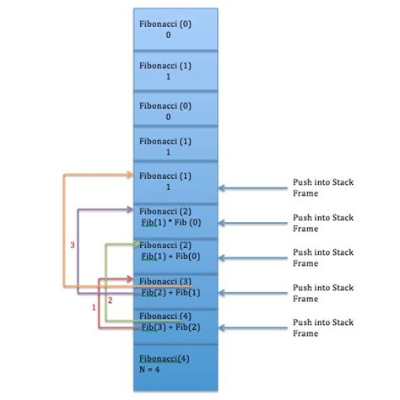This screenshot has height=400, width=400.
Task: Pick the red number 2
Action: click(110, 300)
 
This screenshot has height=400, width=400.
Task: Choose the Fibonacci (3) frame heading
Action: click(165, 280)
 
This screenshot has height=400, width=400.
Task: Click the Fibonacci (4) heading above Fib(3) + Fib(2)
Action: click(165, 315)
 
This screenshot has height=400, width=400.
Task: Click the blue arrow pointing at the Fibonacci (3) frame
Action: click(253, 293)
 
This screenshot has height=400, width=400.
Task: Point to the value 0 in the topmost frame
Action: click(168, 35)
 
